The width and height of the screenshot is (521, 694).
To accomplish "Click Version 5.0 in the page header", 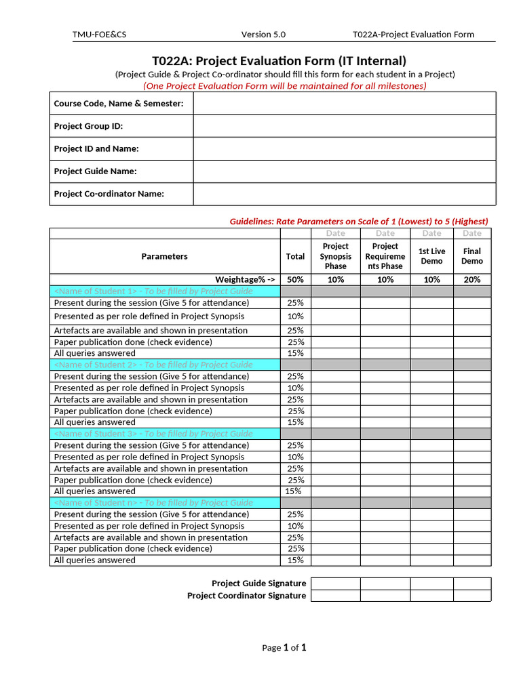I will [x=263, y=35].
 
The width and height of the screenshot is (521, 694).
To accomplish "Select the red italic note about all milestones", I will [x=285, y=85].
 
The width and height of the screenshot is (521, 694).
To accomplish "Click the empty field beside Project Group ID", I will [x=344, y=126].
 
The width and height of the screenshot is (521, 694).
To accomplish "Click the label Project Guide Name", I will [x=95, y=171].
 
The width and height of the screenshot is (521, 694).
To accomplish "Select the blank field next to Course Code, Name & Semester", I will [x=344, y=104].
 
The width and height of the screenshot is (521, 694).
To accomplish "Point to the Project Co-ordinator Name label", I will [x=109, y=194].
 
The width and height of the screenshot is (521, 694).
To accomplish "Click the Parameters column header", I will [x=164, y=256].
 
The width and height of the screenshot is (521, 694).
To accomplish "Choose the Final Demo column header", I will [x=472, y=256].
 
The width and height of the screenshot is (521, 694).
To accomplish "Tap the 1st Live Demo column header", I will [x=431, y=256].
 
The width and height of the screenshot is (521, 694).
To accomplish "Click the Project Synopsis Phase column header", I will [x=335, y=256].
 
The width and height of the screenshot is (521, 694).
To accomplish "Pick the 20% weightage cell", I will [x=472, y=279].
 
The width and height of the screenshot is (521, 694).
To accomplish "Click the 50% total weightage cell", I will [x=295, y=279].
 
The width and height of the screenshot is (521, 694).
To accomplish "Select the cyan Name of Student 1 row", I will [x=165, y=291].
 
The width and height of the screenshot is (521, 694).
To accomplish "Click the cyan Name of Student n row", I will [x=165, y=503].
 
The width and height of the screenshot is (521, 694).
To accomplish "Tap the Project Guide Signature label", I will [x=258, y=584].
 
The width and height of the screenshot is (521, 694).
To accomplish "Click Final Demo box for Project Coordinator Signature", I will [x=472, y=596].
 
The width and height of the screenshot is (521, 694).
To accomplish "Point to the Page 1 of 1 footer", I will [x=284, y=648].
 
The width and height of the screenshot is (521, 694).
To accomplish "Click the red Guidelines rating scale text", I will [x=359, y=222].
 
